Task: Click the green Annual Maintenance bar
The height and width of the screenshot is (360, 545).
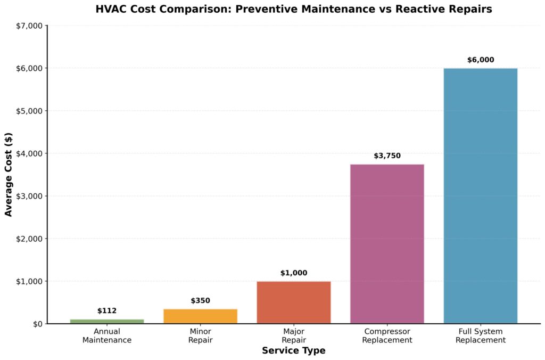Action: click(x=107, y=321)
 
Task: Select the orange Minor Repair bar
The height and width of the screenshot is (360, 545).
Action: click(x=200, y=316)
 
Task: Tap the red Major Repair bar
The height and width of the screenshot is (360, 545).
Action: click(x=293, y=302)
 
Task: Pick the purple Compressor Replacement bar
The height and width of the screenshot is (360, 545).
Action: click(x=387, y=243)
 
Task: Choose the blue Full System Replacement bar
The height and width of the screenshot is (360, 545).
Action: click(x=480, y=195)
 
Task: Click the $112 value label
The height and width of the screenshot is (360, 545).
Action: click(x=107, y=311)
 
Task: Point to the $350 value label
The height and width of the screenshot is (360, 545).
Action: click(x=200, y=300)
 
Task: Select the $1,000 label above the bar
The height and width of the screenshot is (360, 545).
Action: click(x=294, y=273)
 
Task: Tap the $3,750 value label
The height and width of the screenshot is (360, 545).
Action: click(x=387, y=156)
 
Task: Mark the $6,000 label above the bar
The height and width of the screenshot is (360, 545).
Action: click(x=481, y=60)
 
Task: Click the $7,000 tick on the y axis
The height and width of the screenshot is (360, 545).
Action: click(x=28, y=26)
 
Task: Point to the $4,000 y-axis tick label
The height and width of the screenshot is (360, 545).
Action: click(x=28, y=153)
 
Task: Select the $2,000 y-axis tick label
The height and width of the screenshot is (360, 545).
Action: click(x=28, y=239)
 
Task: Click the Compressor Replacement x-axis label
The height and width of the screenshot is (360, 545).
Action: click(x=387, y=336)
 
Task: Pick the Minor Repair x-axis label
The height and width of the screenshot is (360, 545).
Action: click(x=200, y=336)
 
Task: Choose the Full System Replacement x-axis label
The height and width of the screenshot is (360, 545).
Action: click(x=481, y=336)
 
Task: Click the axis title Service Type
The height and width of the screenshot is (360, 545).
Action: click(x=293, y=351)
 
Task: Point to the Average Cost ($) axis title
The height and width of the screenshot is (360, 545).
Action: click(x=9, y=175)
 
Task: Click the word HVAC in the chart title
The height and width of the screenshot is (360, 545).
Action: click(x=110, y=9)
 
